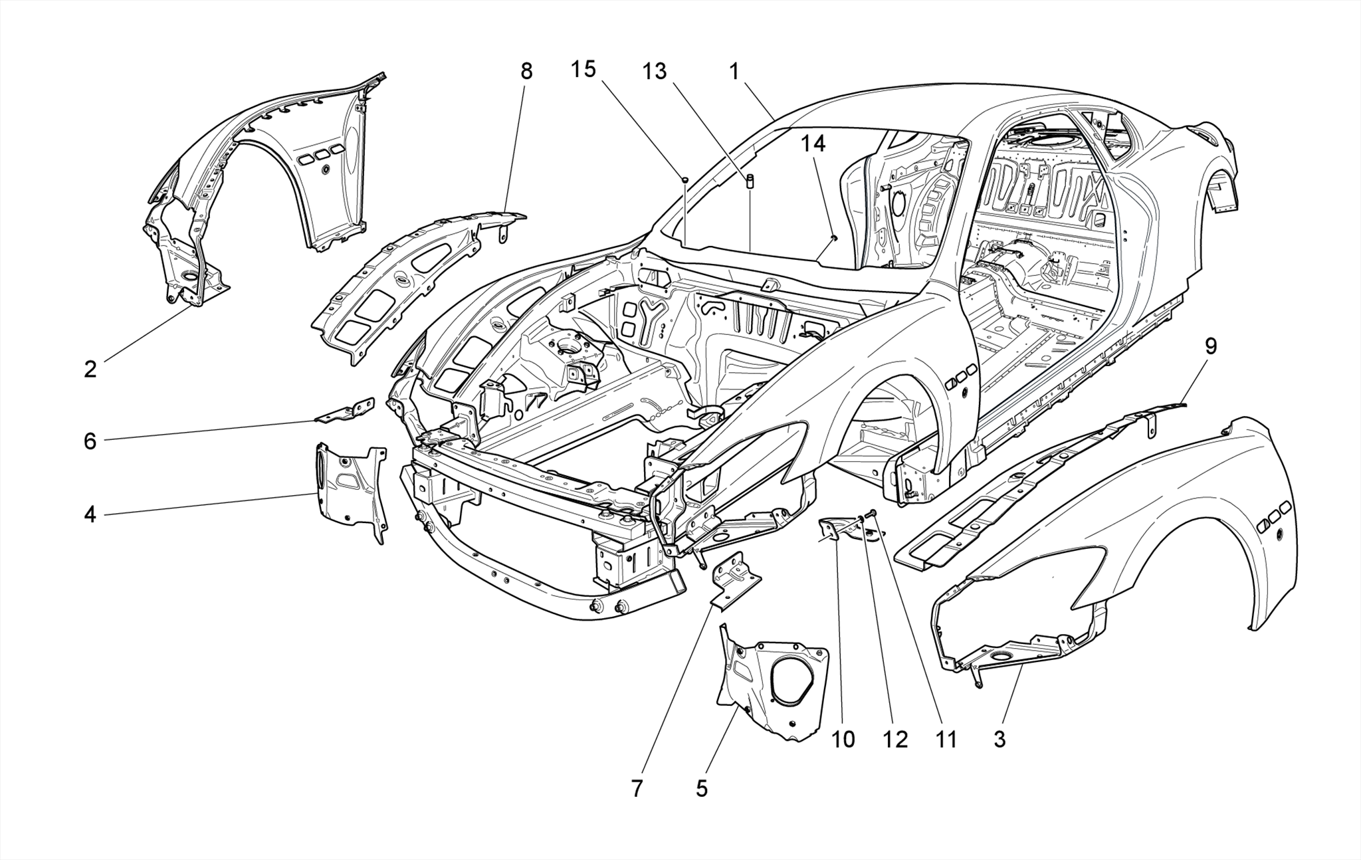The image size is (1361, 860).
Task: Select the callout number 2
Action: point(90,370)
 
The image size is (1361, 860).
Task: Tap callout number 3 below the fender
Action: point(999,739)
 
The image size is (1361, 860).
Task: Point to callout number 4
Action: point(90,514)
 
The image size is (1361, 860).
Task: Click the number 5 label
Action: point(702,789)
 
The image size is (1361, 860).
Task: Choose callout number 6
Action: point(90,441)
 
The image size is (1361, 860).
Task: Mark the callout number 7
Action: point(637,789)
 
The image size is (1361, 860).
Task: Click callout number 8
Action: point(526,71)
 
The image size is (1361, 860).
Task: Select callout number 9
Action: point(1211,346)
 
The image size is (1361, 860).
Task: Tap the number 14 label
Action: point(813,143)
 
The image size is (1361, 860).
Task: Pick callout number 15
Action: point(583,69)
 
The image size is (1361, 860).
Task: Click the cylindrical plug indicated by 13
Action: point(750,181)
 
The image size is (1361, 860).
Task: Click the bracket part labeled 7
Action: point(736,582)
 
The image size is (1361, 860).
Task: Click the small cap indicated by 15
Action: point(684,179)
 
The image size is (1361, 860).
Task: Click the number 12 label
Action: point(895,739)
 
